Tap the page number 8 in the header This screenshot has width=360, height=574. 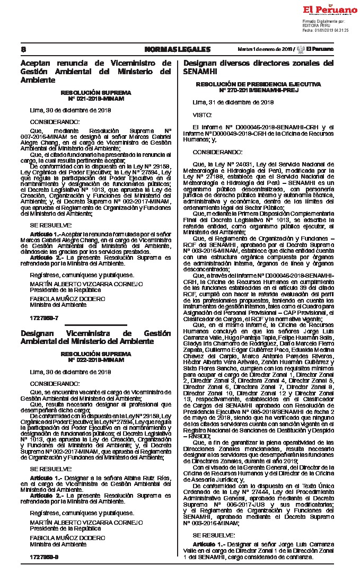pos(23,49)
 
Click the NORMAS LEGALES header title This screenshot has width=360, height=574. pos(177,49)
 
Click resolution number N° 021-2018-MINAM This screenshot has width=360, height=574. pos(96,99)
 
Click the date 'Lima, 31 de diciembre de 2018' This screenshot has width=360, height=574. pos(233,102)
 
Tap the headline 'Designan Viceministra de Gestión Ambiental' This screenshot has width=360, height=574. pos(95,337)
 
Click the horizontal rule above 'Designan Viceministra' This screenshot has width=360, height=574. pos(96,325)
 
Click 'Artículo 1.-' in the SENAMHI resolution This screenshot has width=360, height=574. pos(208,545)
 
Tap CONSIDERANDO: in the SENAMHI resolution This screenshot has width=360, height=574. pos(214,151)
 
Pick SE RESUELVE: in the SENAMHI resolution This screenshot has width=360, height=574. pos(212,536)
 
